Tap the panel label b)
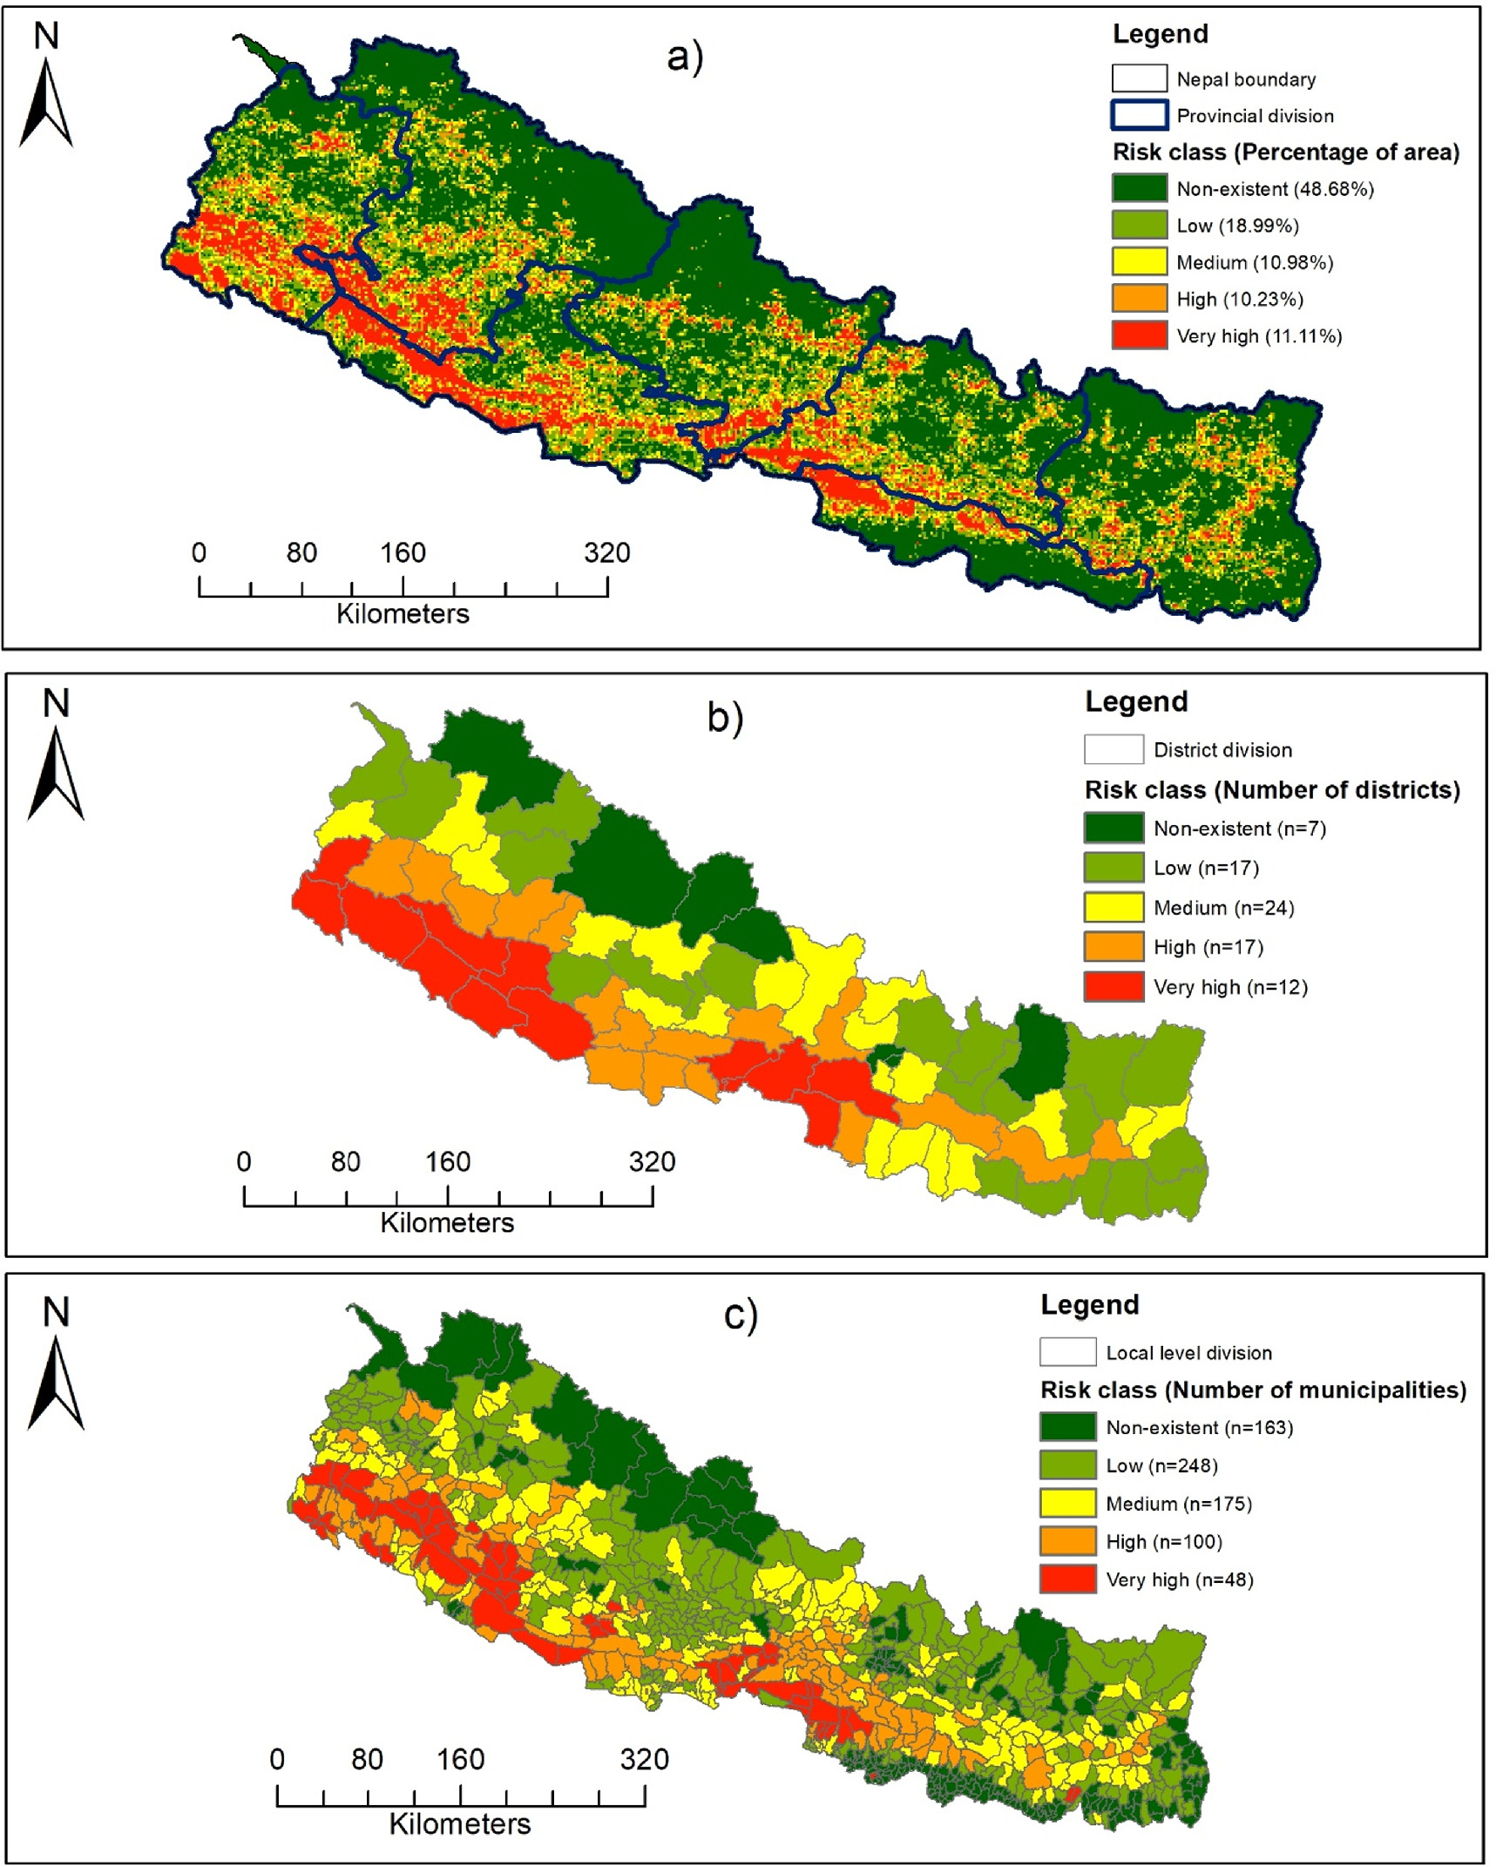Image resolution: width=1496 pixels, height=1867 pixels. pyautogui.click(x=725, y=717)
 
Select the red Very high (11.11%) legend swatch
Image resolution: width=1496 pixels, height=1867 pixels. pyautogui.click(x=1139, y=335)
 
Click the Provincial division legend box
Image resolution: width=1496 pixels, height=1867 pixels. pyautogui.click(x=1139, y=115)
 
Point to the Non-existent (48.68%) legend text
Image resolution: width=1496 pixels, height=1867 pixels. pyautogui.click(x=1274, y=189)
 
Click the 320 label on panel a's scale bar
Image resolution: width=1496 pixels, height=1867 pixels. pyautogui.click(x=606, y=552)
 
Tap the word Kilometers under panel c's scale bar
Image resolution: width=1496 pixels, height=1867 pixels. pyautogui.click(x=459, y=1823)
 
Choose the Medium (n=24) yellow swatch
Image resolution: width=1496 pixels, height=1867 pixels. pyautogui.click(x=1114, y=907)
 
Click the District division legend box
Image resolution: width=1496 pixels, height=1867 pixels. pyautogui.click(x=1114, y=749)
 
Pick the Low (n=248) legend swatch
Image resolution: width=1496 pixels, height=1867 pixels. pyautogui.click(x=1067, y=1465)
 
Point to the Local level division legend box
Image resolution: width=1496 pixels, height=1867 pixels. pyautogui.click(x=1067, y=1352)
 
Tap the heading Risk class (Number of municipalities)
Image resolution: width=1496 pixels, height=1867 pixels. pyautogui.click(x=1252, y=1390)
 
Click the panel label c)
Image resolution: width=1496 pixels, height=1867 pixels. pyautogui.click(x=741, y=1315)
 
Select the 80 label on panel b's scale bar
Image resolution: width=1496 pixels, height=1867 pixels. pyautogui.click(x=345, y=1161)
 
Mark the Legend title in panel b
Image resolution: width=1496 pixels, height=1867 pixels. pyautogui.click(x=1135, y=701)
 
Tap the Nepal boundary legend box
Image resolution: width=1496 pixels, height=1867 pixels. pyautogui.click(x=1139, y=78)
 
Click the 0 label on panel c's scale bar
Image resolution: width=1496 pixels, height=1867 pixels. pyautogui.click(x=277, y=1759)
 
